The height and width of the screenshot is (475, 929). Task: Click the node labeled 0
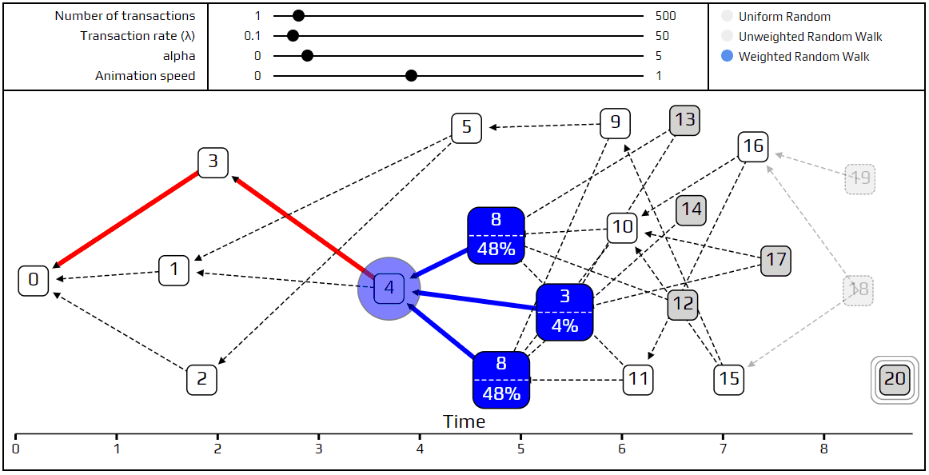coord(34,281)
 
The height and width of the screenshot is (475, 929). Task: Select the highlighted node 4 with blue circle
coord(389,288)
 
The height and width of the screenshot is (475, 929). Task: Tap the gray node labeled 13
coord(684,121)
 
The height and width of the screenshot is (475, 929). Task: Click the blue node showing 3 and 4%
coord(564,313)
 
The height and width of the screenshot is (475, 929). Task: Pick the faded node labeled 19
coord(860,178)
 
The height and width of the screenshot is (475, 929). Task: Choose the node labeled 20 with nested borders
coord(895,379)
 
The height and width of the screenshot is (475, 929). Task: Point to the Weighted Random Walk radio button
coord(727,57)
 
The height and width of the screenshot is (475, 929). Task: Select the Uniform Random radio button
coord(727,17)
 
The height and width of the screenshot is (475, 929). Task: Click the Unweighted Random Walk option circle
coord(727,37)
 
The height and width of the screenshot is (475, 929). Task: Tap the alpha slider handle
coord(308,56)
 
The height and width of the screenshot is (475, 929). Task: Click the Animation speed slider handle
coord(411,76)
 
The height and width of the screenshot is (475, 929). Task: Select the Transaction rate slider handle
coord(293,36)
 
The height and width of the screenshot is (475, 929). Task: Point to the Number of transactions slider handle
coord(298,16)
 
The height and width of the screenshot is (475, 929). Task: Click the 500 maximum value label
coord(665,16)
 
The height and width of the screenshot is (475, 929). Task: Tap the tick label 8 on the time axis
coord(824,449)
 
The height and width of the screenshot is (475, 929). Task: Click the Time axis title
coord(464,421)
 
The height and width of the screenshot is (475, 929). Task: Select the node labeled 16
coord(753,146)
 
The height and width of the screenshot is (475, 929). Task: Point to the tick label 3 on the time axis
coord(319,449)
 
